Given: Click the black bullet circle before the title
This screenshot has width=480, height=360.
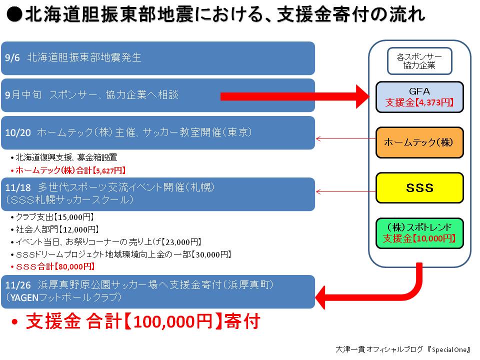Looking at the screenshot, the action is pos(14,14).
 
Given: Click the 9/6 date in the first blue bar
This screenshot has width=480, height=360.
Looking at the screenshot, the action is pos(12,57).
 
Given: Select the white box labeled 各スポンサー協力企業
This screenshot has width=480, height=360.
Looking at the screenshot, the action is pos(419,61).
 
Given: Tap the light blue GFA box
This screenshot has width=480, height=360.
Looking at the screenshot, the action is pos(419,96).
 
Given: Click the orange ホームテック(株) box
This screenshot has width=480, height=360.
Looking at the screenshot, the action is pos(419,142).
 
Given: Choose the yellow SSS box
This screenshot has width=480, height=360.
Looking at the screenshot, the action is pos(419,187).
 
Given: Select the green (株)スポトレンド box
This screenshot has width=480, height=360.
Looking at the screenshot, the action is pos(419,233).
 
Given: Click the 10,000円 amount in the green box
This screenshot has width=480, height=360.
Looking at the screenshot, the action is pos(434,238).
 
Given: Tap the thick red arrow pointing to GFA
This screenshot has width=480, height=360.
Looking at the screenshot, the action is pos(295,96).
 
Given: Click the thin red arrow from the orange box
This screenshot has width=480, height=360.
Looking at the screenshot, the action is pos(346,139).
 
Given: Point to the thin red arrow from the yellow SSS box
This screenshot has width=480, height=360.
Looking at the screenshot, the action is pos(346,192).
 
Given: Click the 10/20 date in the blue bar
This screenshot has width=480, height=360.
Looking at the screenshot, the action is pos(18,132).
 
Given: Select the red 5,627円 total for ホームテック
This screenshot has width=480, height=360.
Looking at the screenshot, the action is pos(109,170).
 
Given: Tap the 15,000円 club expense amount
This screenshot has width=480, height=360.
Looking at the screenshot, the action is pos(74,217).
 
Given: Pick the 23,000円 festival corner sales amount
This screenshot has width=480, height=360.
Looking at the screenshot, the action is pos(181,242).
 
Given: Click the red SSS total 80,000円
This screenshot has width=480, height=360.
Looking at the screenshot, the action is pos(74,266).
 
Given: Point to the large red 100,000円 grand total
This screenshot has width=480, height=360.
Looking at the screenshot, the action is pos(173,321).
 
